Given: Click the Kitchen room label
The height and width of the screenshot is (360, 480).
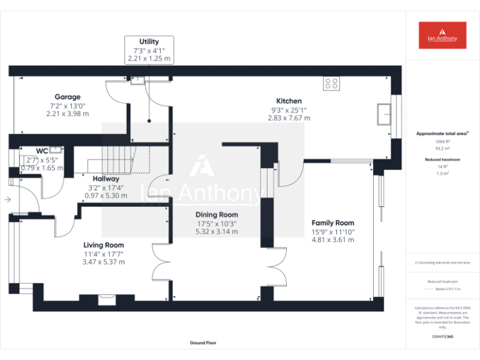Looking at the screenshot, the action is tap(289, 101).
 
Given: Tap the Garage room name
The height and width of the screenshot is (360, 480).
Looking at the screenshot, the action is tap(67, 97).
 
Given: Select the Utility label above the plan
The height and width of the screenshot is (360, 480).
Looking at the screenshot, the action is tap(149, 41).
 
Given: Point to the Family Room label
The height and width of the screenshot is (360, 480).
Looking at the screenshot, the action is tap(332, 222).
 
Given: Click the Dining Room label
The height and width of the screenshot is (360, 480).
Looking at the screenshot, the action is tap(216, 214).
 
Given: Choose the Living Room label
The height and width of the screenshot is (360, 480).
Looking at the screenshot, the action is tap(104, 245).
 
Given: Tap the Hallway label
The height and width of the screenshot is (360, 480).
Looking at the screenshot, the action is tap(106, 179).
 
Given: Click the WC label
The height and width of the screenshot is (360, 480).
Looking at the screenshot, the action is tap(42, 151).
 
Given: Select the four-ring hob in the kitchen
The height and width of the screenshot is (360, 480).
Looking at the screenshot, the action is tap(331, 82).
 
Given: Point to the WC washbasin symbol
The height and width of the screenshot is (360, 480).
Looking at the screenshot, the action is tap(56, 149).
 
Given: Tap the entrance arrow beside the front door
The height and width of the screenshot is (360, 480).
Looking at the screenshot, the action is tap(7, 200).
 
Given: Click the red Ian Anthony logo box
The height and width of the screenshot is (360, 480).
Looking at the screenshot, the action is tap(442, 36).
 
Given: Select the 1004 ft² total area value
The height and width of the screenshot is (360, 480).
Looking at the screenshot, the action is tap(442, 142).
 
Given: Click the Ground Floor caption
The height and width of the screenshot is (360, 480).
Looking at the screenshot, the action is tap(203, 343).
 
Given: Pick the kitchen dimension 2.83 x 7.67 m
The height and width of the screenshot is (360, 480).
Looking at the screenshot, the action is tap(289, 117).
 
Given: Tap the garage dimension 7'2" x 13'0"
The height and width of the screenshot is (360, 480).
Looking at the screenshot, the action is tap(67, 106).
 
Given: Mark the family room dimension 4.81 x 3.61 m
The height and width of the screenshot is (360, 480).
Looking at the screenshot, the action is tap(332, 239).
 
